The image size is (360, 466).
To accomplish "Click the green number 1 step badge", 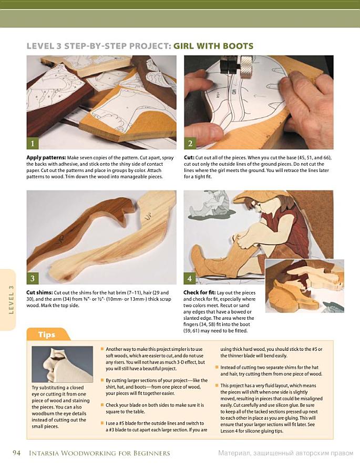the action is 33,144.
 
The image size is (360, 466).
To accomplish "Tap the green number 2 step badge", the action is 190,144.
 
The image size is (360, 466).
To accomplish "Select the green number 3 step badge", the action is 33,278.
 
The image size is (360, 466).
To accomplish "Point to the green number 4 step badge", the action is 190,278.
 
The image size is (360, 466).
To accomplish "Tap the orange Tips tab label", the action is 47,335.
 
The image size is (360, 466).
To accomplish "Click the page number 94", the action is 17,453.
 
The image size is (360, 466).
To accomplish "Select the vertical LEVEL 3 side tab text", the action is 11,300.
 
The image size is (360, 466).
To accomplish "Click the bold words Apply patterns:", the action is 46,158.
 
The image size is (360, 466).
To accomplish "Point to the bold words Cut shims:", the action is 39,292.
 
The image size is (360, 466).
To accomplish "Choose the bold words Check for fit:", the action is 199,293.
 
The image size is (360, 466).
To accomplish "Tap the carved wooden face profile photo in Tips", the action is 62,364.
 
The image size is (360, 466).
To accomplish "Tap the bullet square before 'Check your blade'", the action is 102,405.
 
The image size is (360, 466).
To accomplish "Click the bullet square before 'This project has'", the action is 217,386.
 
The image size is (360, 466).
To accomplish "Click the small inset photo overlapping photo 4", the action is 304,286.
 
